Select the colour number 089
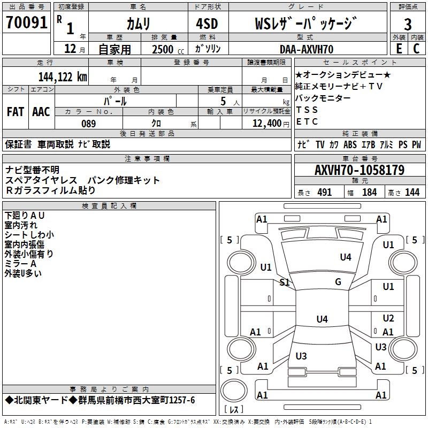click(x=88, y=124)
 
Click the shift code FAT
click(x=15, y=112)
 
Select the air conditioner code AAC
click(x=41, y=112)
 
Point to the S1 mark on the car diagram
click(x=285, y=282)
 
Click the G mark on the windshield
click(x=338, y=282)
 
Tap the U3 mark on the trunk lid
click(x=301, y=356)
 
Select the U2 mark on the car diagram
click(x=388, y=318)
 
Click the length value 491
click(x=325, y=192)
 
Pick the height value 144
click(x=412, y=192)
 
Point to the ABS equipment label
click(x=350, y=144)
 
